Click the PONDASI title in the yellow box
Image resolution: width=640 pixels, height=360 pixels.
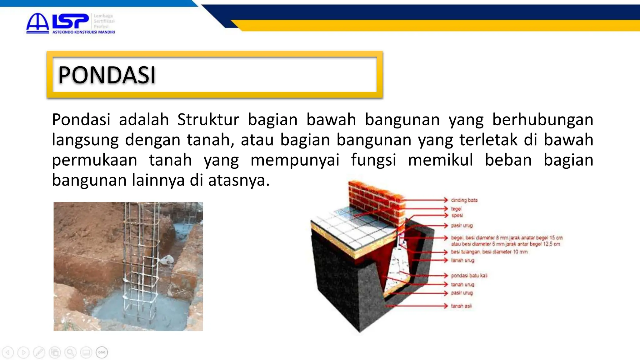pos(107,75)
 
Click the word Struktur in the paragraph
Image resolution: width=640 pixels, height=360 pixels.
pos(208,120)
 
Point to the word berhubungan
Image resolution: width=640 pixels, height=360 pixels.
pos(542,120)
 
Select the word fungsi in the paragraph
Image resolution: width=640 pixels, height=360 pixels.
pos(373,160)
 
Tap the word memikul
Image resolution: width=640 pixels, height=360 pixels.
pos(440,160)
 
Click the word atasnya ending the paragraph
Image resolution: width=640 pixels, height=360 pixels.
pos(238,180)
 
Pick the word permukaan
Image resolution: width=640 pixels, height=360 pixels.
pos(94,160)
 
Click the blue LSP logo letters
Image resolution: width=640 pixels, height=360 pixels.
pos(70,22)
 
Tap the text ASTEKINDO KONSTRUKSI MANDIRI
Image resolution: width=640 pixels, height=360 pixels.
pos(83,32)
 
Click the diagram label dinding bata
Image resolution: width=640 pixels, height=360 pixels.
pos(464,200)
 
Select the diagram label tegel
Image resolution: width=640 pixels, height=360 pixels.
pos(456,208)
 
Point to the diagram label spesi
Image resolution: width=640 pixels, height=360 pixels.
pos(457,215)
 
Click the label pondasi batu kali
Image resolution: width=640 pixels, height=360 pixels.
pos(469,275)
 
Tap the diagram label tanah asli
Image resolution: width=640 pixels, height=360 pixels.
pos(461,306)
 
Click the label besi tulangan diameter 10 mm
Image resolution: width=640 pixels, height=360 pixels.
pos(489,252)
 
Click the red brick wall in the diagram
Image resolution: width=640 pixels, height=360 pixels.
pos(375,197)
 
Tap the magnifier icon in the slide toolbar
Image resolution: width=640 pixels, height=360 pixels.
pos(70,352)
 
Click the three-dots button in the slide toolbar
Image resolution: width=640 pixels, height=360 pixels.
pos(102,352)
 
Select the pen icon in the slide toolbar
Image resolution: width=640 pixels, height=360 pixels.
pos(39,352)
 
